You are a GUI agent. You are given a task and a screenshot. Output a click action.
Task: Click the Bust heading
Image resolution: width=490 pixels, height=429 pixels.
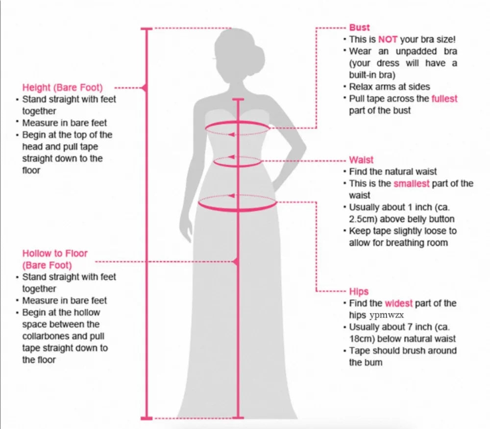(359, 27)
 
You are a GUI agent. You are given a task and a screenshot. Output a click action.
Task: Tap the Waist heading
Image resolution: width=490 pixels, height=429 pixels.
(361, 160)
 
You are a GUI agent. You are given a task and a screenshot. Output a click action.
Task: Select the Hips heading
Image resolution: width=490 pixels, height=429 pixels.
(359, 292)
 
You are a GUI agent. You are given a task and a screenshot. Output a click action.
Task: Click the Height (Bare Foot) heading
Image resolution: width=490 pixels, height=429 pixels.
(63, 88)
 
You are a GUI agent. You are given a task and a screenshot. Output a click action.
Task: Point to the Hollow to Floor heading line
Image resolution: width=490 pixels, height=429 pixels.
(55, 253)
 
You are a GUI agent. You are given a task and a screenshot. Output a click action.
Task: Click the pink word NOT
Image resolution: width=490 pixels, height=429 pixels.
(388, 39)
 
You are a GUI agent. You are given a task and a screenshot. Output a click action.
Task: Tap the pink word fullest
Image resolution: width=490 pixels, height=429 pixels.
(444, 99)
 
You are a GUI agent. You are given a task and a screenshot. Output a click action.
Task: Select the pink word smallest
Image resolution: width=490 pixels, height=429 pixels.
(411, 183)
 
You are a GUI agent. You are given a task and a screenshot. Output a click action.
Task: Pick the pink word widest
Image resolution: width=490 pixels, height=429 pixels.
(398, 303)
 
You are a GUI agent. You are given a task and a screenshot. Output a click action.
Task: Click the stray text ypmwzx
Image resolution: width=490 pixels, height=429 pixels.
(387, 315)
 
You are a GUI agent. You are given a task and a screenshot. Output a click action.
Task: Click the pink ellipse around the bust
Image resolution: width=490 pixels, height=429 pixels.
(237, 128)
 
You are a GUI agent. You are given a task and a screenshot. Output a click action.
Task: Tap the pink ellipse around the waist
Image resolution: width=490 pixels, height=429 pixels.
(238, 161)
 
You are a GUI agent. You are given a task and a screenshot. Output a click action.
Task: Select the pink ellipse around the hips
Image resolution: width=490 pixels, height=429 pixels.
(238, 203)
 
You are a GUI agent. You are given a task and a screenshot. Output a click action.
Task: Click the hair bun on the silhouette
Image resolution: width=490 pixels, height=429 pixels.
(257, 58)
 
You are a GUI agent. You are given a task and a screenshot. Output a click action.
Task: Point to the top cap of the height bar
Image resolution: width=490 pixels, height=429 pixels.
(147, 29)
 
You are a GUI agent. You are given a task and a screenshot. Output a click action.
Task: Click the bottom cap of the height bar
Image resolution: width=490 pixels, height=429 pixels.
(147, 418)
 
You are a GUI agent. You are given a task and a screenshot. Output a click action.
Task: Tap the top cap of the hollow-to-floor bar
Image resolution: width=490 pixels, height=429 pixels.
(238, 100)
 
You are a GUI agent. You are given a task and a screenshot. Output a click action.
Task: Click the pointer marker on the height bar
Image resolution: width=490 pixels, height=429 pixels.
(144, 88)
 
